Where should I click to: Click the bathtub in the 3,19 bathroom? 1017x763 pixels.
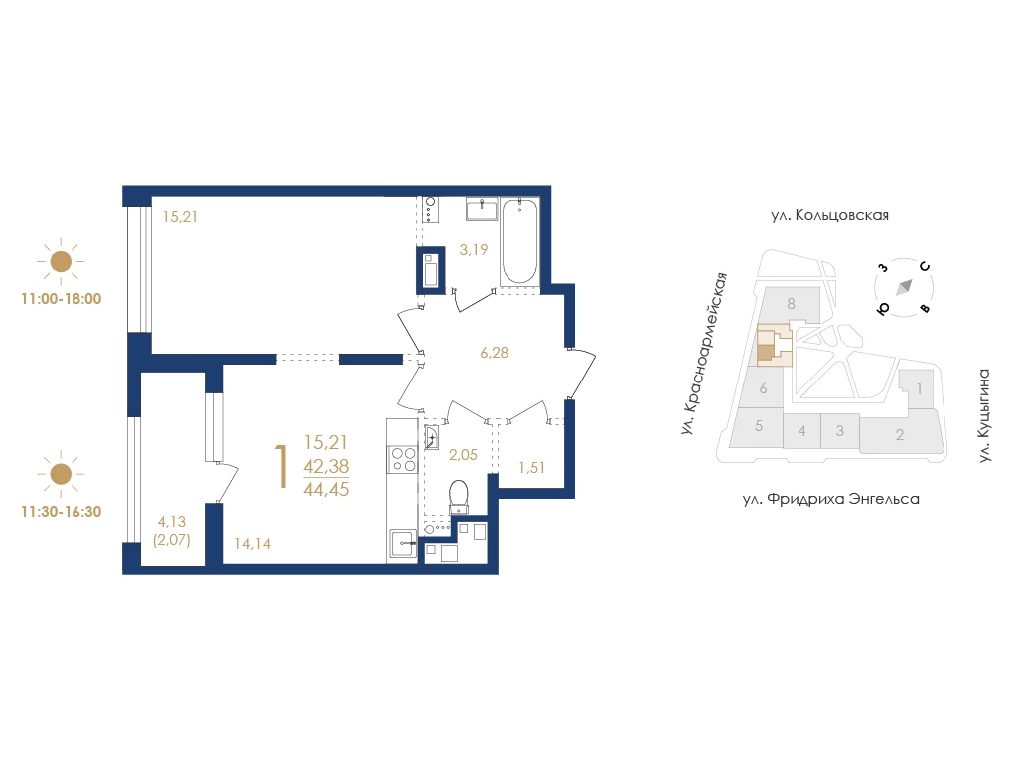(519, 240)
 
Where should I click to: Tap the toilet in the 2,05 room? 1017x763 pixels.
(459, 497)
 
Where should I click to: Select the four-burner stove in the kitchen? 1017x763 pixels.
(403, 459)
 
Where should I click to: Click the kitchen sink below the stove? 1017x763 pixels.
(403, 543)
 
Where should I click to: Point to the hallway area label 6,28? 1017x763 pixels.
(495, 353)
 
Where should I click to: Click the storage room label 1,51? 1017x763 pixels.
(532, 467)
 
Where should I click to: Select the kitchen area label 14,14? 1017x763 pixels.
(253, 543)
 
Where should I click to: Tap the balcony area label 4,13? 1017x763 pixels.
(172, 521)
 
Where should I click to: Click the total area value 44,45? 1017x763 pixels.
(326, 489)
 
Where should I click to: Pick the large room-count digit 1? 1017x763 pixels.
(281, 466)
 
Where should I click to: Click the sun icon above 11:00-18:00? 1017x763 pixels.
(61, 262)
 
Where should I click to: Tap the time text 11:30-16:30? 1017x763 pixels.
(62, 512)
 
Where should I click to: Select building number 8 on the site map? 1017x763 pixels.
(791, 303)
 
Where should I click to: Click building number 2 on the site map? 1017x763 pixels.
(900, 435)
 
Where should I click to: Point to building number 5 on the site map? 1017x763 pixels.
(759, 426)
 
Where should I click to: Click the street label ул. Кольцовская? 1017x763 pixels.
(829, 215)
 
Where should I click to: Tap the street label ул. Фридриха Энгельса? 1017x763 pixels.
(831, 499)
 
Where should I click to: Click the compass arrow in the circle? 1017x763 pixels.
(905, 286)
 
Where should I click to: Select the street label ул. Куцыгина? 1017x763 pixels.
(984, 415)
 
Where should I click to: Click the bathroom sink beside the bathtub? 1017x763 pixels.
(482, 209)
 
